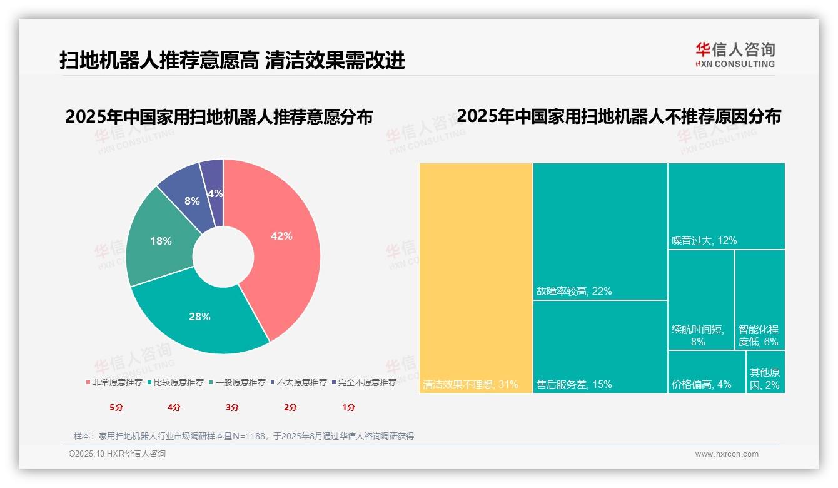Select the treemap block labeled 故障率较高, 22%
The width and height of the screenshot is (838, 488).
[x=600, y=231]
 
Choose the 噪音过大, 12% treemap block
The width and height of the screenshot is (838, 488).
[x=726, y=206]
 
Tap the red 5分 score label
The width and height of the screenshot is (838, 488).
[x=116, y=407]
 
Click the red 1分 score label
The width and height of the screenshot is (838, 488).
[x=348, y=407]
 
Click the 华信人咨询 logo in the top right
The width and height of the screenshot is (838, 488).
[x=735, y=54]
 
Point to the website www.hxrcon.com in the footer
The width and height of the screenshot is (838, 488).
[x=727, y=454]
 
